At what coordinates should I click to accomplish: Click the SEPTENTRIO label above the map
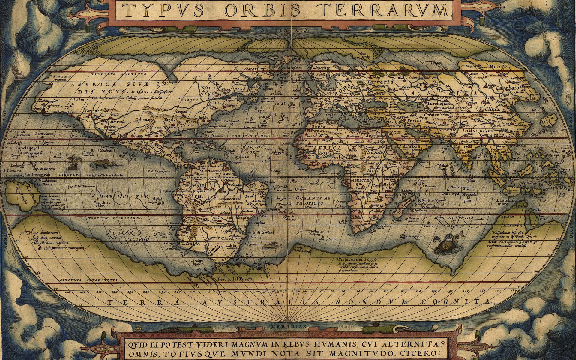tap(285, 30)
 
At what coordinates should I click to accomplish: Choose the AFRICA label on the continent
tap(327, 148)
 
